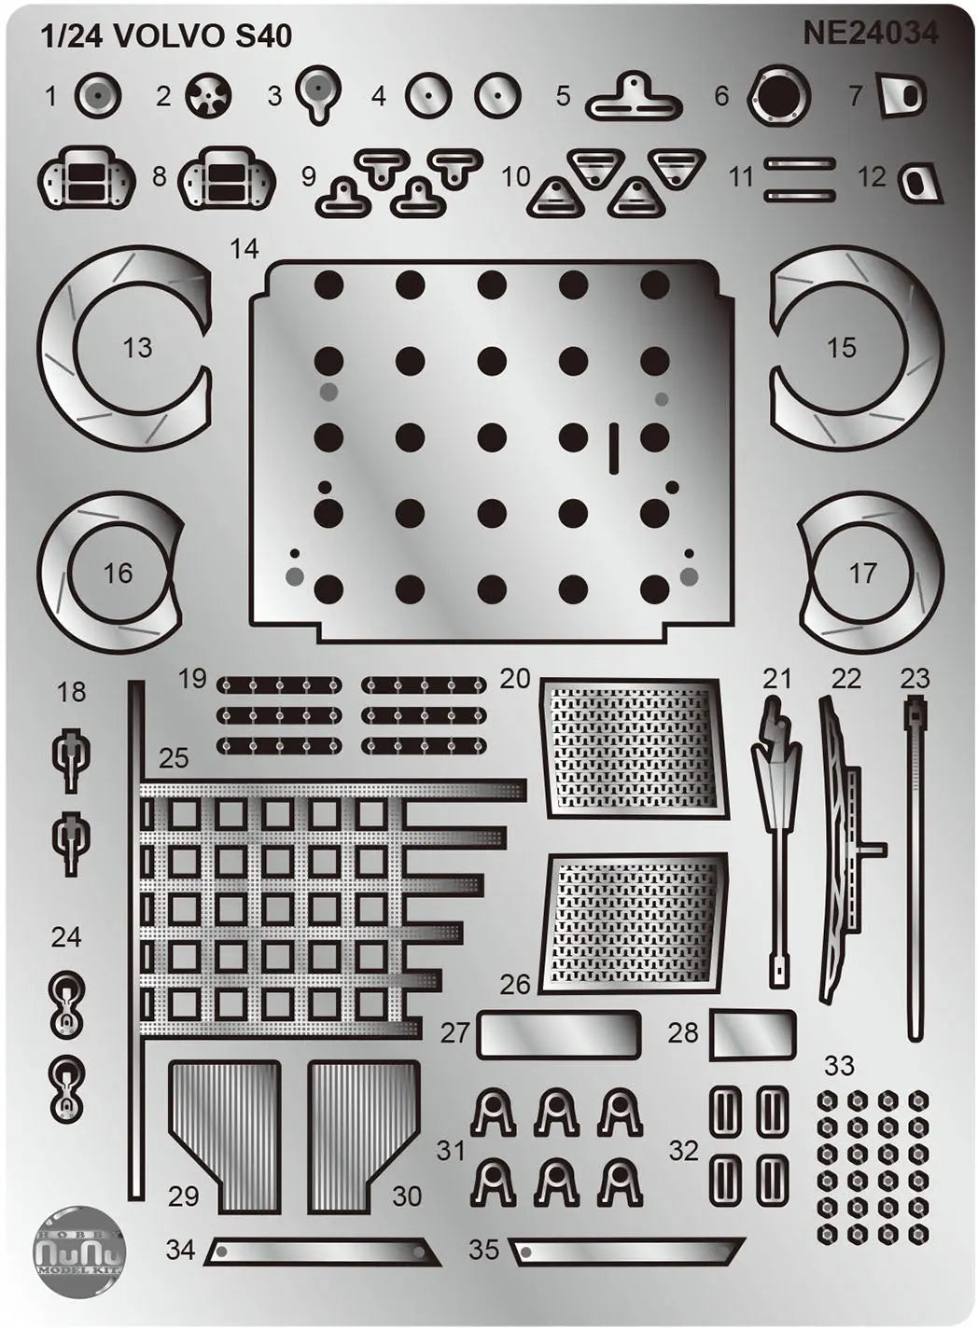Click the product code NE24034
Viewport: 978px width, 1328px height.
click(x=870, y=34)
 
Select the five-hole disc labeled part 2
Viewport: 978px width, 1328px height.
click(x=208, y=95)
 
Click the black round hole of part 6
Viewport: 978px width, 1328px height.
click(x=778, y=95)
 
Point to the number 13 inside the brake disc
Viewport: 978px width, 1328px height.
click(x=137, y=348)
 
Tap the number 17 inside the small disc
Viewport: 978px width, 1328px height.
click(x=863, y=574)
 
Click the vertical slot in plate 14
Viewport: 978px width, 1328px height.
click(x=614, y=449)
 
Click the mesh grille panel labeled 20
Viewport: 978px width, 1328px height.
click(x=634, y=749)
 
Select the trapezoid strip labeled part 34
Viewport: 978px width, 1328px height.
click(x=323, y=1252)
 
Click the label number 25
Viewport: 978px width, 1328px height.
click(x=174, y=758)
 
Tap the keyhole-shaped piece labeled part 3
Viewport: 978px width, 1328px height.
click(x=318, y=93)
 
